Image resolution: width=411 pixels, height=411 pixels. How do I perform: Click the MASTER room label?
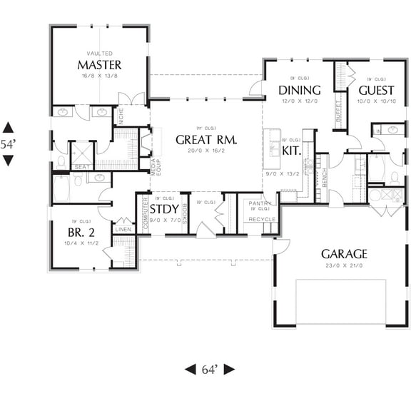pyautogui.click(x=99, y=66)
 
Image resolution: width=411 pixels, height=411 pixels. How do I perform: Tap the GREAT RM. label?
pyautogui.click(x=205, y=140)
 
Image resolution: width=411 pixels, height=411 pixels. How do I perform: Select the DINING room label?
pyautogui.click(x=299, y=91)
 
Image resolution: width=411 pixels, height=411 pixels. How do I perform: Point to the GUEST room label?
pyautogui.click(x=375, y=91)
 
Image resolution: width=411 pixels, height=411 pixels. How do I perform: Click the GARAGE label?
pyautogui.click(x=344, y=253)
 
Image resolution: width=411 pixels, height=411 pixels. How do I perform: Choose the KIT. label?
pyautogui.click(x=290, y=151)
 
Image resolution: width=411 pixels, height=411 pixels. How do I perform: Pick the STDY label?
pyautogui.click(x=164, y=209)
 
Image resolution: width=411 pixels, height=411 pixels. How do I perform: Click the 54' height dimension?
pyautogui.click(x=8, y=143)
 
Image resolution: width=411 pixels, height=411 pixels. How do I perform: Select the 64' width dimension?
pyautogui.click(x=209, y=370)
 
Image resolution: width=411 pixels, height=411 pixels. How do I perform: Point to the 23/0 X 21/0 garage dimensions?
pyautogui.click(x=344, y=265)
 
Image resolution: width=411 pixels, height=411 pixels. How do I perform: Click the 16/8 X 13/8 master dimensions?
pyautogui.click(x=99, y=76)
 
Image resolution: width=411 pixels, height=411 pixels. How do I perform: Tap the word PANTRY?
pyautogui.click(x=258, y=203)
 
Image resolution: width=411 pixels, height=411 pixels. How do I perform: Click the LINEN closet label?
pyautogui.click(x=123, y=229)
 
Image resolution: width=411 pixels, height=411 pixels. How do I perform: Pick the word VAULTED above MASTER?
pyautogui.click(x=99, y=54)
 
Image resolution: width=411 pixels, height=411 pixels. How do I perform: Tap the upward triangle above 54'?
pyautogui.click(x=8, y=127)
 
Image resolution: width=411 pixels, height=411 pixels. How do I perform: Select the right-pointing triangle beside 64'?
pyautogui.click(x=229, y=370)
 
